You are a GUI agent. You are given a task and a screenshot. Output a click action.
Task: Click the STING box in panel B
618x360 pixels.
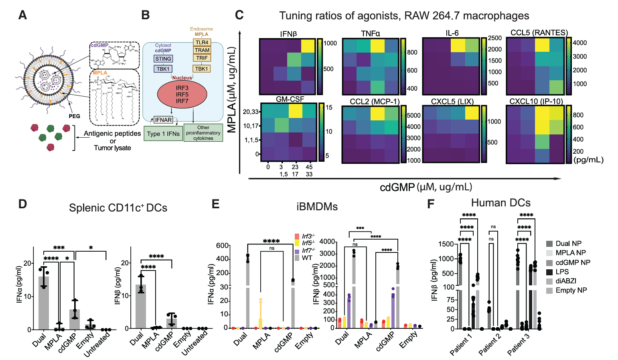tap(163, 59)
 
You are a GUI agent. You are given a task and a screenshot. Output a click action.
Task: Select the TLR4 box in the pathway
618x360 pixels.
tap(202, 43)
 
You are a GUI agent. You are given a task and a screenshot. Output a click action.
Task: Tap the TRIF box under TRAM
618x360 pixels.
tap(202, 58)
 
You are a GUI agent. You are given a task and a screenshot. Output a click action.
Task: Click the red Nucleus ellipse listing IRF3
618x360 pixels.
tap(182, 94)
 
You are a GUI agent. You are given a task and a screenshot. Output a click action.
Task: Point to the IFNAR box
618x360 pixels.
tap(163, 120)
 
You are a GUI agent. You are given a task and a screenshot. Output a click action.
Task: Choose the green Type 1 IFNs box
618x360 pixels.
tap(163, 134)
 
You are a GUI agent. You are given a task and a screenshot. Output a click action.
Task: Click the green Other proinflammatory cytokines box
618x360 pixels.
tap(203, 133)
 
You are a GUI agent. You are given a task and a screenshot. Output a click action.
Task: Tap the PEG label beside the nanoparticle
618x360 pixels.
tap(74, 116)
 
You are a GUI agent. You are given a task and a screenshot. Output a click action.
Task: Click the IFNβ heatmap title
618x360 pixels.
tap(288, 34)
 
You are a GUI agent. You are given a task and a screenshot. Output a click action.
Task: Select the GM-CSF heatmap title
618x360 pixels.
tap(290, 99)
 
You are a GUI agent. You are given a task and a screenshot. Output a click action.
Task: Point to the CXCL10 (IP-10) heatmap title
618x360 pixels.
tap(536, 101)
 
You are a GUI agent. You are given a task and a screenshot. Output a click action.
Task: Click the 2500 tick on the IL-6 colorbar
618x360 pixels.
tap(494, 38)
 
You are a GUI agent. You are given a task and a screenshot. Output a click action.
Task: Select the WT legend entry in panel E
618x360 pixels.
tap(307, 258)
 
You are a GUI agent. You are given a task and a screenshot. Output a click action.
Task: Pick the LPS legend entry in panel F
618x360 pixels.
tap(562, 272)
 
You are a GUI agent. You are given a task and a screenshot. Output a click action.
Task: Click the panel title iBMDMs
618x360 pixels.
tap(317, 207)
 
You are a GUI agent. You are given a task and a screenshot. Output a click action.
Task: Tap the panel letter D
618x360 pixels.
tap(22, 204)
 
